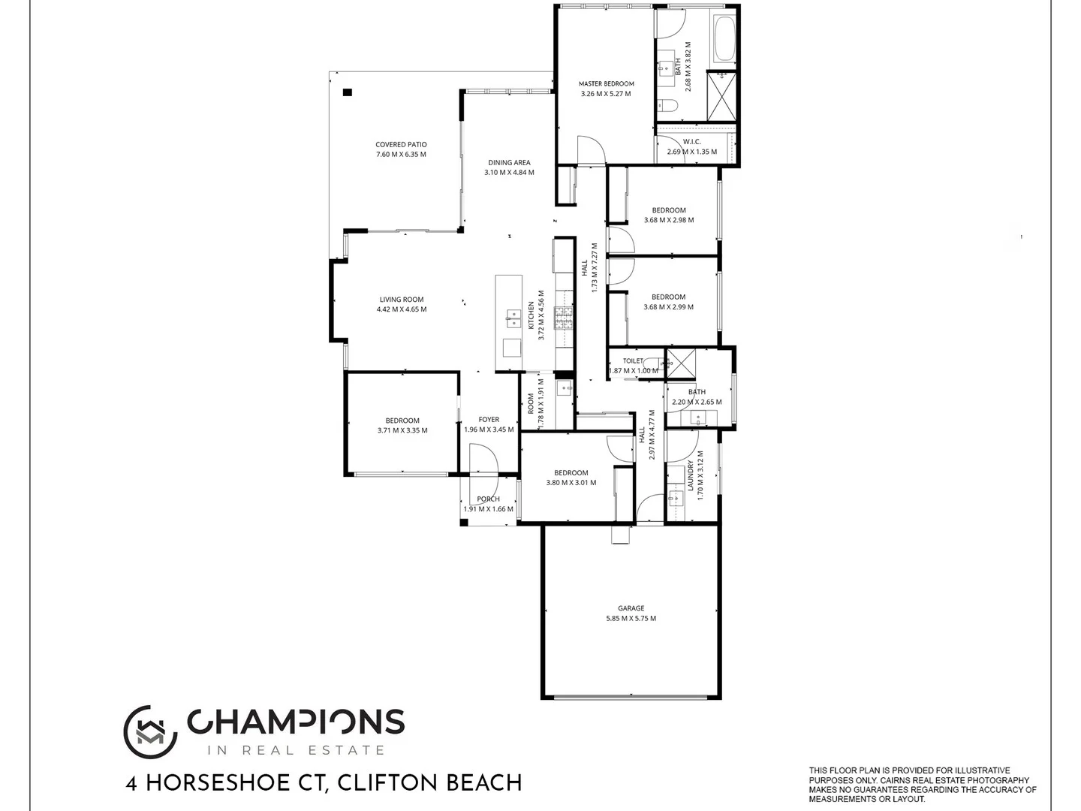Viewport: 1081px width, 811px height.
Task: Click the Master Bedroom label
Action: point(606,84)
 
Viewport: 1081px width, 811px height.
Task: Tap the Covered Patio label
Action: point(401,145)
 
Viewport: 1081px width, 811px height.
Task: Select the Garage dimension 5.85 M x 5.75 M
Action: point(631,619)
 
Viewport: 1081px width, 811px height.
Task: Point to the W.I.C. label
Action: point(691,142)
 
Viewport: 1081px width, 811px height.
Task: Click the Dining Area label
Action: point(509,162)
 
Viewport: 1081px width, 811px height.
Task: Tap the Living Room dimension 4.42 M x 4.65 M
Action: point(401,309)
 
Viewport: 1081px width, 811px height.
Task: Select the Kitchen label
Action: point(531,315)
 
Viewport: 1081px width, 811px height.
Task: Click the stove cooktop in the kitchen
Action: point(563,319)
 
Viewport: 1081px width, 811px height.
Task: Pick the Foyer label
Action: point(489,420)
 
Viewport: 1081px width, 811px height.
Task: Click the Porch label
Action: point(488,499)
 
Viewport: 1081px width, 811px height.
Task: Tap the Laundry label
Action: point(691,475)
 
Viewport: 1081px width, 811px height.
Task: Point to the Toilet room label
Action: point(633,361)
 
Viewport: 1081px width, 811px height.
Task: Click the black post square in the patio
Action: point(347,92)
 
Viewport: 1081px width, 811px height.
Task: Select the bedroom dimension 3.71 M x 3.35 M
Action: point(402,431)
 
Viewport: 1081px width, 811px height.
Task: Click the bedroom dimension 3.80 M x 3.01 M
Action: point(571,483)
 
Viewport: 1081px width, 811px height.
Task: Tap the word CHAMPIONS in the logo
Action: point(296,722)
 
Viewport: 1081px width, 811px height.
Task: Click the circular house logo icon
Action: point(149,732)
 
